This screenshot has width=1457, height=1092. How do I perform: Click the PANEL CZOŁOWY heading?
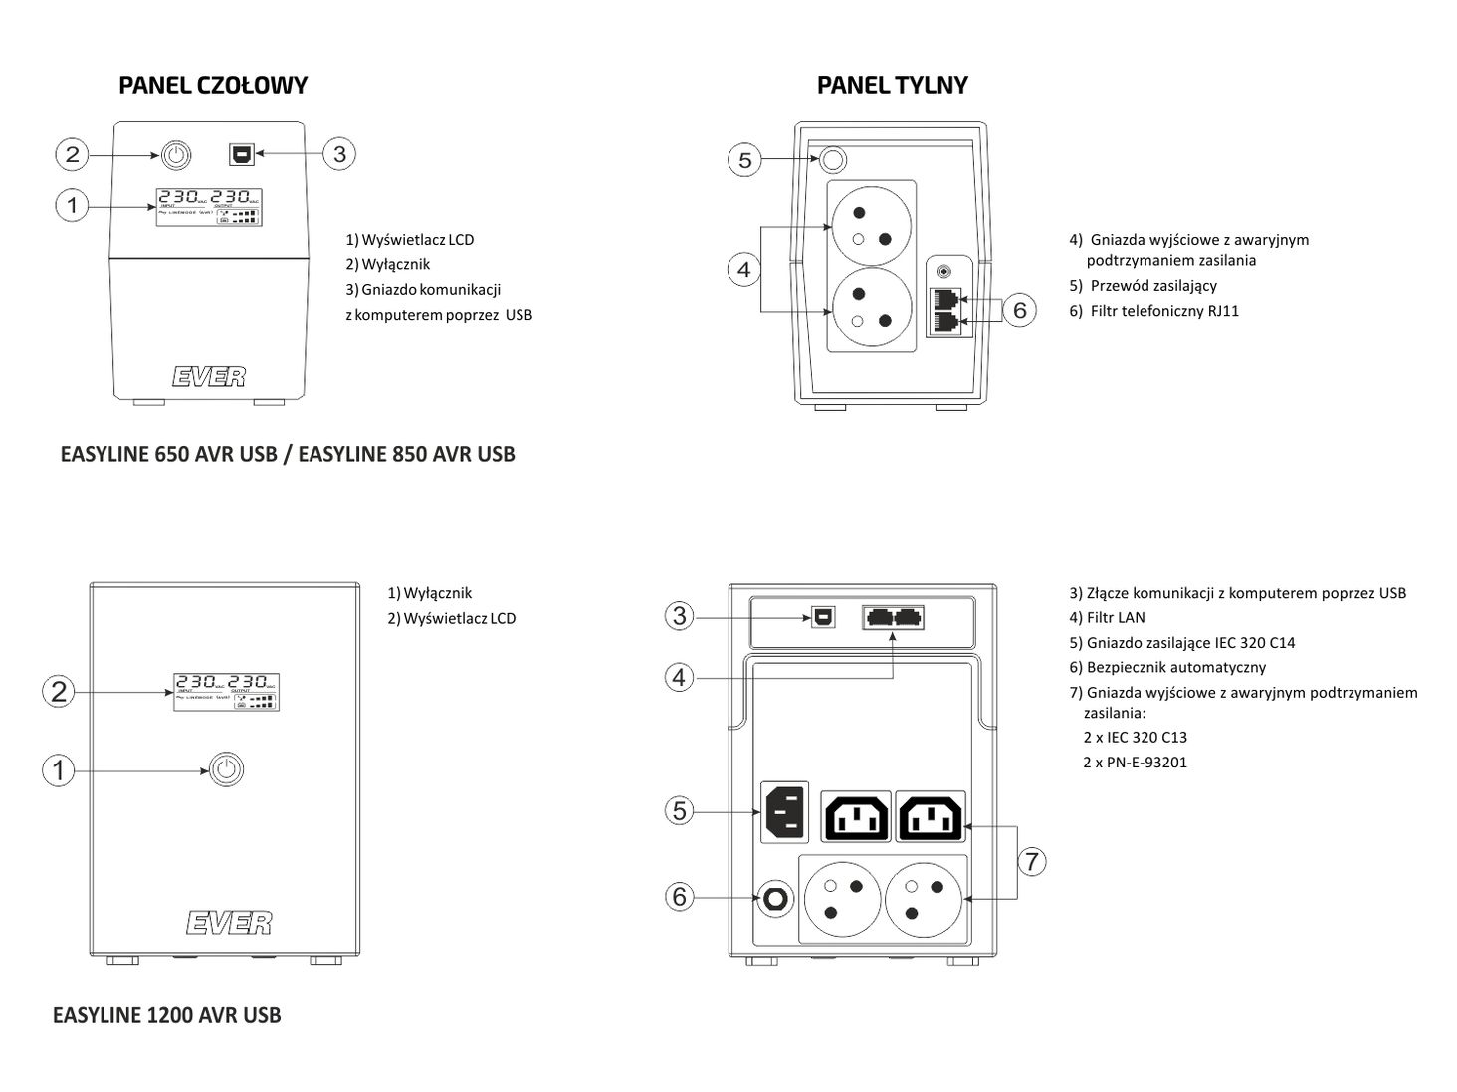213,86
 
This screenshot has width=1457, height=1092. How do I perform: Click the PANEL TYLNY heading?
892,86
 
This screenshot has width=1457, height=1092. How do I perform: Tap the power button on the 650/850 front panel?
175,154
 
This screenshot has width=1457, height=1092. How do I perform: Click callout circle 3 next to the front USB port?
339,154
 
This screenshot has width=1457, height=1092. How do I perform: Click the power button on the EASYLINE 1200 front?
227,769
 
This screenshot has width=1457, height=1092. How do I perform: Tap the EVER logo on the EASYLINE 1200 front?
228,923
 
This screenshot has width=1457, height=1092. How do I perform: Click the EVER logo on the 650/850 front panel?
208,376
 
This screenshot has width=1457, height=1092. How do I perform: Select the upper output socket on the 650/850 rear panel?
870,226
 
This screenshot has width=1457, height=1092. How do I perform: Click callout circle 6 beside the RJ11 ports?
1019,310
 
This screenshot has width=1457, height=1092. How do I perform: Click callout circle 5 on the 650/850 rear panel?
744,159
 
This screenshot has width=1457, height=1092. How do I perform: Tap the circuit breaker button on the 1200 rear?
773,899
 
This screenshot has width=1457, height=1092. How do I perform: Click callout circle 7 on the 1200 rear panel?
1032,861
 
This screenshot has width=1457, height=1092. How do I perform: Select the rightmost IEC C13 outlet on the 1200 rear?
931,817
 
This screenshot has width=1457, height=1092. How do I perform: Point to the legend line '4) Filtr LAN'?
1107,618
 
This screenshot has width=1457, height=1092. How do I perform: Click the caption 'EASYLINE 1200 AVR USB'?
167,1016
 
